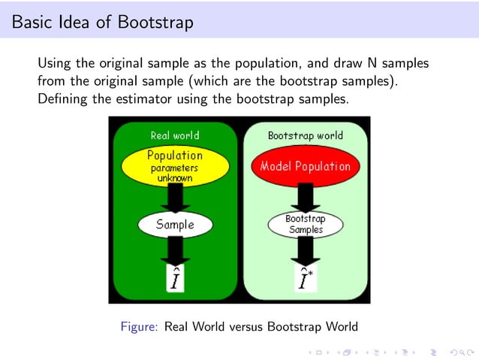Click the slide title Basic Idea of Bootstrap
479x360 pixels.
pyautogui.click(x=103, y=23)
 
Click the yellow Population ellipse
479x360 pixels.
pyautogui.click(x=175, y=166)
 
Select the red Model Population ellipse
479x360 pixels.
pyautogui.click(x=306, y=167)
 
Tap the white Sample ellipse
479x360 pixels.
pyautogui.click(x=175, y=224)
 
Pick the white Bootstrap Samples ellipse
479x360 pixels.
pyautogui.click(x=305, y=224)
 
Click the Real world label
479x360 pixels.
pyautogui.click(x=175, y=135)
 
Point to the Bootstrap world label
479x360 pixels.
pyautogui.click(x=306, y=135)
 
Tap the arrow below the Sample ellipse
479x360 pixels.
pyautogui.click(x=175, y=251)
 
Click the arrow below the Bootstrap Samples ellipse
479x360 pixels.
pyautogui.click(x=306, y=251)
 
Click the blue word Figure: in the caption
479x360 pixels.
pyautogui.click(x=140, y=326)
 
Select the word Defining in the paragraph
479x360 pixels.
pyautogui.click(x=62, y=97)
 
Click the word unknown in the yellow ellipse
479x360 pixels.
pyautogui.click(x=175, y=179)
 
